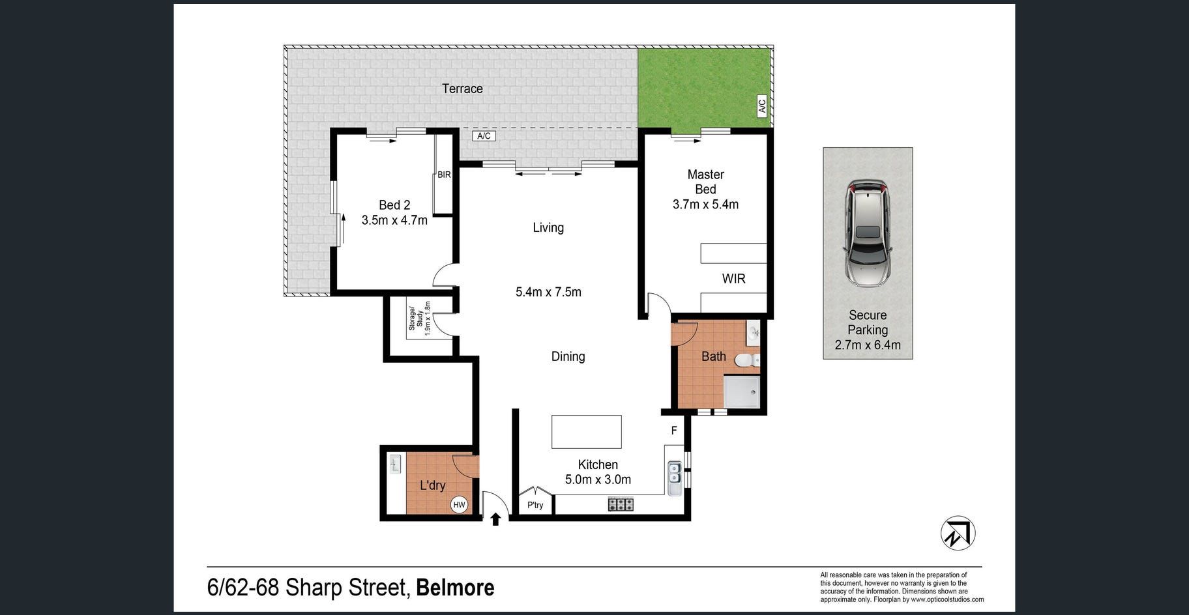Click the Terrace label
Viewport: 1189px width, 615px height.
point(462,89)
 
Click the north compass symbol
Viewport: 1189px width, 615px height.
point(958,533)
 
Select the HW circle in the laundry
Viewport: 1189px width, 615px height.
point(459,505)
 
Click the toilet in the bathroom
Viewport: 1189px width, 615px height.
point(747,360)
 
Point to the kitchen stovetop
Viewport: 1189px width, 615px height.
point(621,504)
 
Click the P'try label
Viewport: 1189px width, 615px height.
point(535,505)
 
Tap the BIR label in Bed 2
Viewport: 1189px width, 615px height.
point(444,175)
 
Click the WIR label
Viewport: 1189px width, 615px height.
point(733,279)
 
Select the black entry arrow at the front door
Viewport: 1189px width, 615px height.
point(495,519)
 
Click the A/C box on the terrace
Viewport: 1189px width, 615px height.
point(484,136)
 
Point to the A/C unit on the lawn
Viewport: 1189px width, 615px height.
point(762,106)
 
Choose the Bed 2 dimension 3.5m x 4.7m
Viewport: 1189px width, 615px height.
point(394,220)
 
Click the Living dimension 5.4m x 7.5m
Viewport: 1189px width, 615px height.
point(548,292)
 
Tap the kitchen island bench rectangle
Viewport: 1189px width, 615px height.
point(587,431)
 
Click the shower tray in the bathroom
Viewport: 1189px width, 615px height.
point(742,392)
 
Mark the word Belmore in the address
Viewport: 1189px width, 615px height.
point(455,588)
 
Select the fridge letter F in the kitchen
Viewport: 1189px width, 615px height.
point(674,431)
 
